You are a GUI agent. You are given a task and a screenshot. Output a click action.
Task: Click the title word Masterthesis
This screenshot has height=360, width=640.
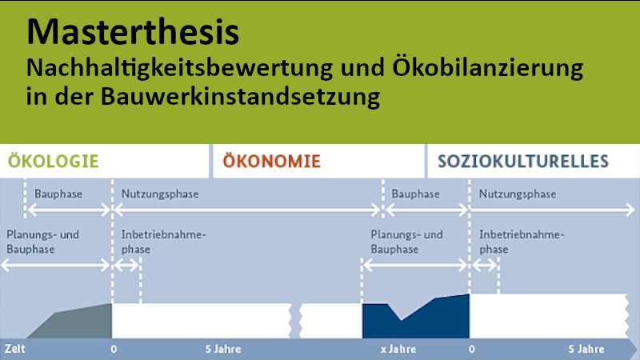tap(133, 32)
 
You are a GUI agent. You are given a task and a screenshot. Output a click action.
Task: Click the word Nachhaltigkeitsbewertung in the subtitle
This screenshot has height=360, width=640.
tap(179, 68)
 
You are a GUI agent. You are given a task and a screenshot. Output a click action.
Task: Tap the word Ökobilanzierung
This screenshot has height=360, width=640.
tap(488, 68)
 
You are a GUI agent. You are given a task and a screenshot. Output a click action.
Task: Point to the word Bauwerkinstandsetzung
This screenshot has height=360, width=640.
tap(241, 96)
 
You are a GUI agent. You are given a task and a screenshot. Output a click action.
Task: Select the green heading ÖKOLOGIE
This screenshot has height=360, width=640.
tap(54, 162)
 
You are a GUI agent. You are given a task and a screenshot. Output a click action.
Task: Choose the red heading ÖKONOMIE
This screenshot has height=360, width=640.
tap(272, 162)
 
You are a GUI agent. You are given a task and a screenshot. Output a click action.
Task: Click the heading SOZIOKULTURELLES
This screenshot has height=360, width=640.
tap(523, 162)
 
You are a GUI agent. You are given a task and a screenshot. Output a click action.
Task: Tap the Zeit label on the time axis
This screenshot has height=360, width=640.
tap(15, 349)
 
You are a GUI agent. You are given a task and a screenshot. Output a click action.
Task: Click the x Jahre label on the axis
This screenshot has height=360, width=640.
tap(398, 350)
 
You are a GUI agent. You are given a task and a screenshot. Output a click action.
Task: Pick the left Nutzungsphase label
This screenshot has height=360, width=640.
tap(160, 194)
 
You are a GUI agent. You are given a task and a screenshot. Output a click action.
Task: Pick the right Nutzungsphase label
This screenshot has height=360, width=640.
tap(518, 194)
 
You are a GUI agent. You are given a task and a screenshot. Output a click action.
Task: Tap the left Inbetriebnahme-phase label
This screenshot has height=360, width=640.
tap(164, 242)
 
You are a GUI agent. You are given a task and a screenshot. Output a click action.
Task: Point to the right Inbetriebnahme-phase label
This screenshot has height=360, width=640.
tap(522, 242)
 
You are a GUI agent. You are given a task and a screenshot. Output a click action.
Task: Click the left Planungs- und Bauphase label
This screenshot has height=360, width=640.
tap(43, 242)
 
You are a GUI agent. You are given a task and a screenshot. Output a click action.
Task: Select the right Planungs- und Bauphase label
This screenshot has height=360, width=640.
tap(406, 242)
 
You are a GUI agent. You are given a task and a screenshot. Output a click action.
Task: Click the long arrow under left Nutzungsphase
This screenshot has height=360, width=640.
tap(247, 210)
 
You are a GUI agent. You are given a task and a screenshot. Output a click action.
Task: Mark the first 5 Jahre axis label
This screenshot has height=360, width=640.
tap(223, 350)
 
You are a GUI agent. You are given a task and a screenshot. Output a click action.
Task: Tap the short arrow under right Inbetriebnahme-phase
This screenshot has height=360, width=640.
tap(485, 266)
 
